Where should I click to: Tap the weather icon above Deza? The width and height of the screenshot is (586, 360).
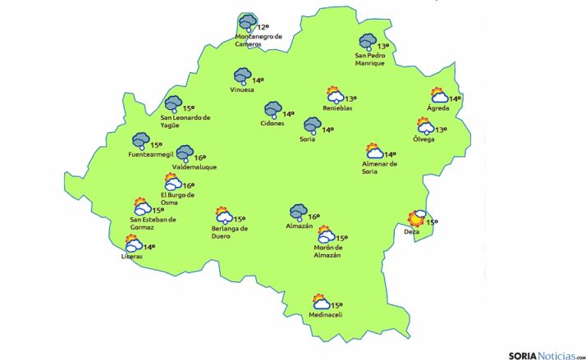417,218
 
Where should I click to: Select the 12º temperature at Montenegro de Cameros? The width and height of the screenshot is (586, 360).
263,27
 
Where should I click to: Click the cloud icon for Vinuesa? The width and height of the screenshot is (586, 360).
241,77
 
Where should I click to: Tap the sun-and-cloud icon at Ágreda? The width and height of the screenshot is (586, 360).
440,97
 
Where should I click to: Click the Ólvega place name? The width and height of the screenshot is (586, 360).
424,139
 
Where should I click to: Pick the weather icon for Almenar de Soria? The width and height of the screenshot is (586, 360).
374,152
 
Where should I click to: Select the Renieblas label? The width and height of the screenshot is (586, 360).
337,107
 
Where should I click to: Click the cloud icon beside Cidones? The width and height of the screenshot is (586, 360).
272,111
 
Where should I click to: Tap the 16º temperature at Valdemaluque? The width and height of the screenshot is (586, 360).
199,157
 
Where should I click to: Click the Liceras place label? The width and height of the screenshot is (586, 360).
131,257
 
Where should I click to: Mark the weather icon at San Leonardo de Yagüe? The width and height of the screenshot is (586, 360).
173,105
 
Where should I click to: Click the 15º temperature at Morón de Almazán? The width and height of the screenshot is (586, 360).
342,238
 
